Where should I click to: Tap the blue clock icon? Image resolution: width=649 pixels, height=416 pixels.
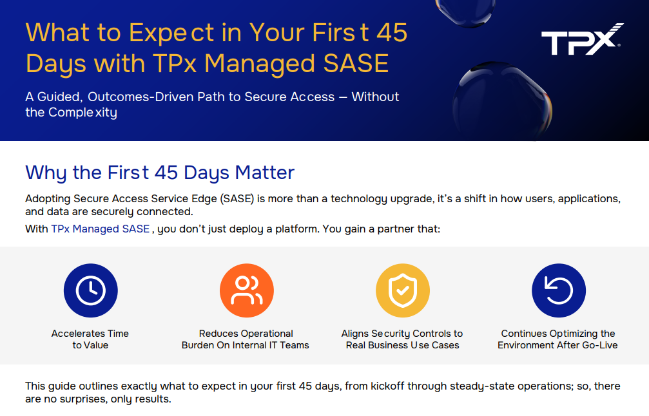click(90, 290)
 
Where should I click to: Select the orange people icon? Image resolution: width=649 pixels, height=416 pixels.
click(247, 290)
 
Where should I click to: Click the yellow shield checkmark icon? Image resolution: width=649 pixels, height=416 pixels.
click(402, 290)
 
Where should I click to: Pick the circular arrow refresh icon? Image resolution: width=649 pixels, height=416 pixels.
click(558, 290)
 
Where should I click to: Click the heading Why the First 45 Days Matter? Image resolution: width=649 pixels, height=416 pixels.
click(160, 173)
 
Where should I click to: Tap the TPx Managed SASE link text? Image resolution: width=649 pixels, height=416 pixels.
click(100, 229)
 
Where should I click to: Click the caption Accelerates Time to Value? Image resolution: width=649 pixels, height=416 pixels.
click(90, 339)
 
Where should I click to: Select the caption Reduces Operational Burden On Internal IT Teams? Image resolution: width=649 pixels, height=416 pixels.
click(246, 339)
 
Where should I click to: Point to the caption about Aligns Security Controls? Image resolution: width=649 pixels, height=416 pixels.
click(402, 339)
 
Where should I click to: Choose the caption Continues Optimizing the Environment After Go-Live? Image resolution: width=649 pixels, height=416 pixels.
click(558, 339)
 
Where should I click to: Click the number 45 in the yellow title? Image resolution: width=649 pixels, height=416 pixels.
click(392, 33)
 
